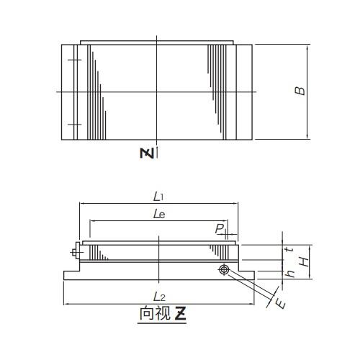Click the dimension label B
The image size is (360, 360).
300,91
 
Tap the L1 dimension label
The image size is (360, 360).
158,197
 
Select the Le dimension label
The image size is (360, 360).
159,214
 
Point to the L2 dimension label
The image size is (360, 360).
159,297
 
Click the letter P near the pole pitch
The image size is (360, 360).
220,228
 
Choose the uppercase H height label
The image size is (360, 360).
305,261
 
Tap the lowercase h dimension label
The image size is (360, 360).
291,274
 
